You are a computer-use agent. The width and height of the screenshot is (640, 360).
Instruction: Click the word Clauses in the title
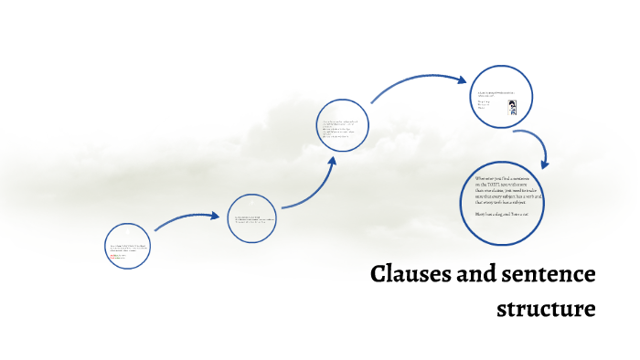(x=407, y=274)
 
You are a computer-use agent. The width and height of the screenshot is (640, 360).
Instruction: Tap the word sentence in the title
(x=544, y=274)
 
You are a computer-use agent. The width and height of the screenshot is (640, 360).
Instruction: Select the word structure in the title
(x=546, y=309)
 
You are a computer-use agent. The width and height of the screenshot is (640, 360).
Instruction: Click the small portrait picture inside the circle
(x=512, y=106)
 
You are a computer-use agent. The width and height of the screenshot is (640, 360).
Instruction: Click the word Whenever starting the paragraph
(x=489, y=177)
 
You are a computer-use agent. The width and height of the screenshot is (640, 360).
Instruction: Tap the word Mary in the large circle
(x=482, y=212)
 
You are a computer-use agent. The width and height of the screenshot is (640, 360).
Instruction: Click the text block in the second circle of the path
(x=252, y=219)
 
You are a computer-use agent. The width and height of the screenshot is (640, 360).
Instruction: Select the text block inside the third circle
(x=343, y=129)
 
